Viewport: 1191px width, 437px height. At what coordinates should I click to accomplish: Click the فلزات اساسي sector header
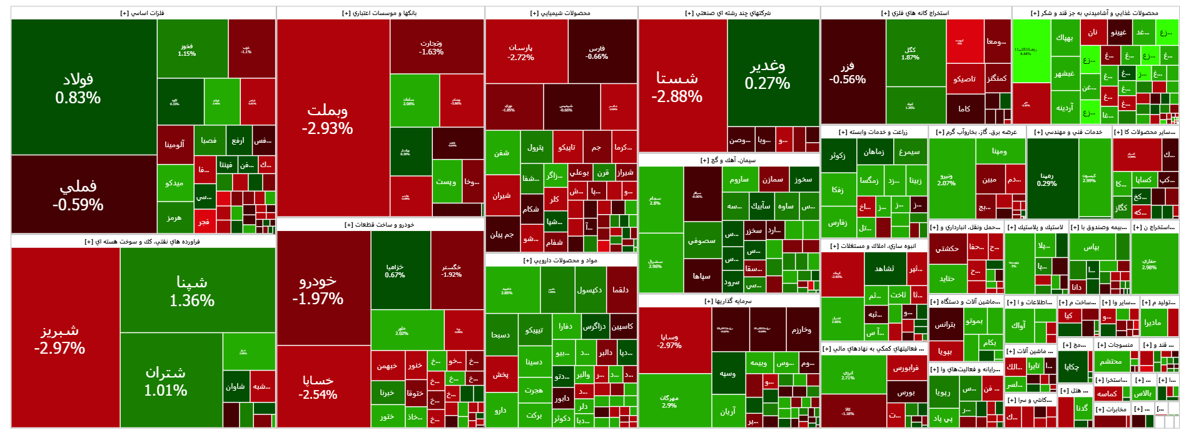coord(143,13)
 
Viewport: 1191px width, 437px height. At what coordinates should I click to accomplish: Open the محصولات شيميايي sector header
coord(560,13)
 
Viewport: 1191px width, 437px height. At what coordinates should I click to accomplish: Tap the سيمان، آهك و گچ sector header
coord(728,160)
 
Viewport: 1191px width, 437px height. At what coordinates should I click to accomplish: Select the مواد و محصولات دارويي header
coord(560,260)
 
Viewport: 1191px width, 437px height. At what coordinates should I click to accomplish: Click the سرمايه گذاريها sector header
coord(728,301)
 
